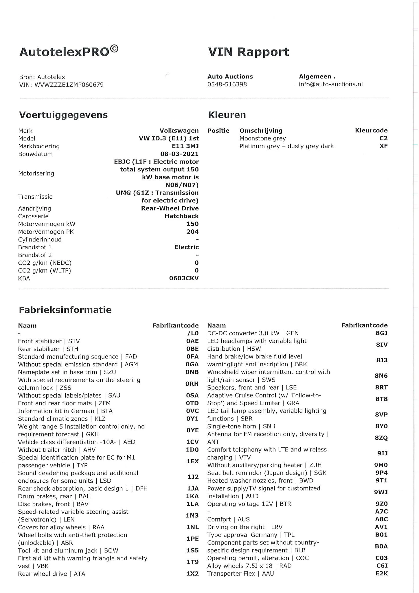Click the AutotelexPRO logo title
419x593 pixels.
click(x=69, y=52)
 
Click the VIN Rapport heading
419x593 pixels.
click(x=248, y=52)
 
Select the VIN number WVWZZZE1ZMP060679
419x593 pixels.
click(x=69, y=85)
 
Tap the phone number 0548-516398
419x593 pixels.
click(x=227, y=84)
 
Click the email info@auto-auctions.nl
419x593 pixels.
click(x=330, y=84)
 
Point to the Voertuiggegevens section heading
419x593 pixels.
click(x=63, y=115)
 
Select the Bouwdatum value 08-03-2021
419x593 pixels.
click(x=179, y=154)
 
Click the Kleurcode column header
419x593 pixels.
click(x=371, y=131)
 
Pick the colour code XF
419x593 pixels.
click(x=383, y=146)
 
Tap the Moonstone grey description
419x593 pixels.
click(x=262, y=138)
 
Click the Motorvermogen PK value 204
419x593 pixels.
click(x=192, y=232)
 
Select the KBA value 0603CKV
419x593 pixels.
click(x=184, y=278)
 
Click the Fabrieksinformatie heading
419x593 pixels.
click(x=65, y=310)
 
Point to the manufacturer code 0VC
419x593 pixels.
click(x=192, y=411)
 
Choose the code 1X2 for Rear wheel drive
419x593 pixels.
click(x=192, y=574)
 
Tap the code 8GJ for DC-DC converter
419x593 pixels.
click(x=381, y=333)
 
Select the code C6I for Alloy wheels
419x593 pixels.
click(x=382, y=566)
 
